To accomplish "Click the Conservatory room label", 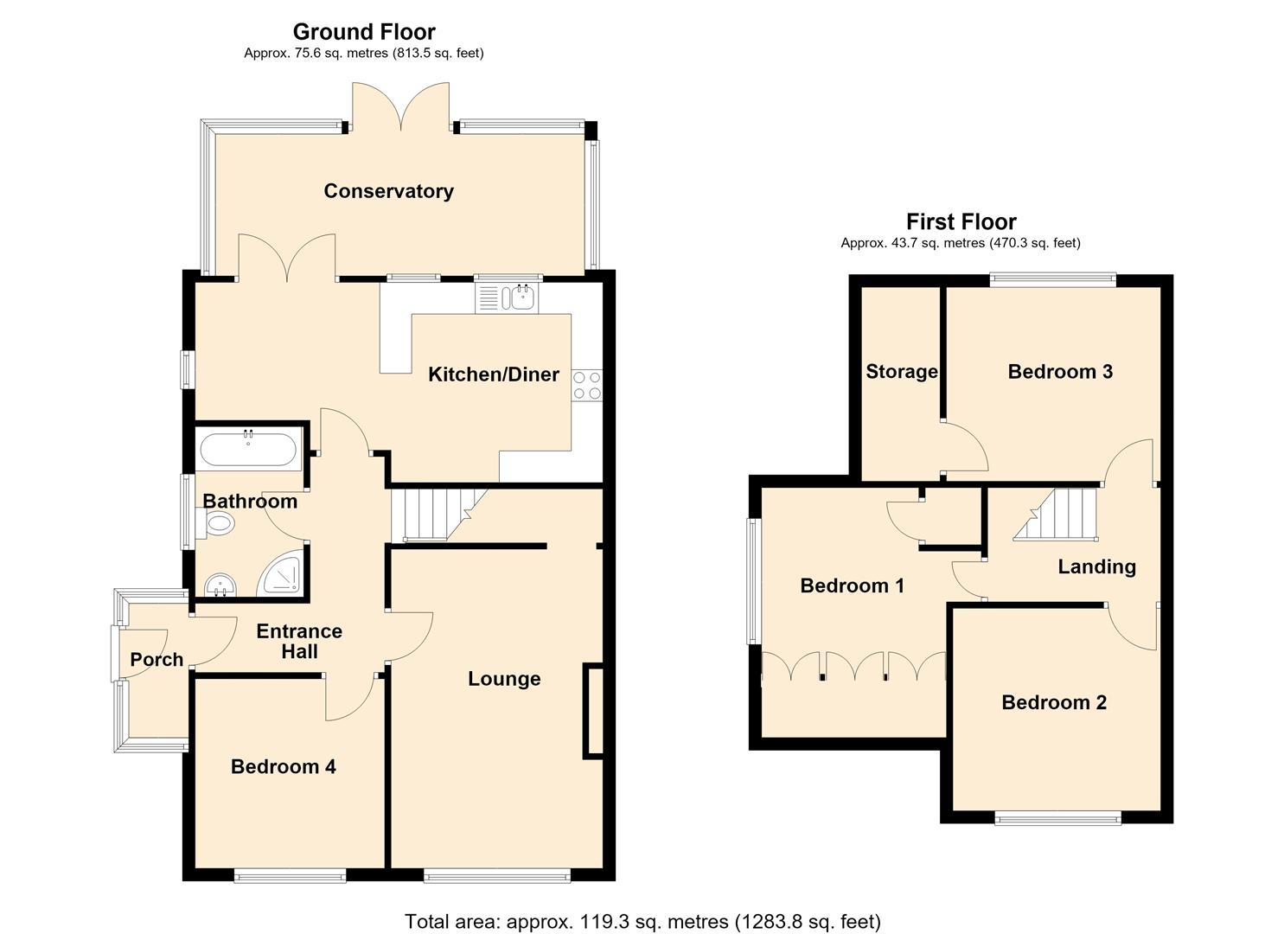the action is pyautogui.click(x=388, y=191).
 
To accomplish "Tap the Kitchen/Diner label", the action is pyautogui.click(x=494, y=374).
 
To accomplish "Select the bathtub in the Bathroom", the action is pyautogui.click(x=248, y=449).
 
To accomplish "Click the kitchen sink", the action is pyautogui.click(x=508, y=297).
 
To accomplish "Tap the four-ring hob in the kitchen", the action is pyautogui.click(x=587, y=385).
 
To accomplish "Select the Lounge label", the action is pyautogui.click(x=504, y=679).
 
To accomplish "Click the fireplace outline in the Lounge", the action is pyautogui.click(x=593, y=712).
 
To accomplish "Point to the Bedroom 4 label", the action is pyautogui.click(x=283, y=766).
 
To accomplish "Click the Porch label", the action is pyautogui.click(x=157, y=659).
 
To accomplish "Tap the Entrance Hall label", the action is pyautogui.click(x=299, y=641).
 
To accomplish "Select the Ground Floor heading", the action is pyautogui.click(x=364, y=31).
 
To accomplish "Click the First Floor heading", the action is pyautogui.click(x=961, y=221).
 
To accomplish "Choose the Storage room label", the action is pyautogui.click(x=902, y=372).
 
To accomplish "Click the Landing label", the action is pyautogui.click(x=1096, y=566).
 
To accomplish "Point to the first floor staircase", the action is pyautogui.click(x=1056, y=515).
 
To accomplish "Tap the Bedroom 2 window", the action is pyautogui.click(x=1057, y=818).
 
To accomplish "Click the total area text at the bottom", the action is pyautogui.click(x=642, y=905).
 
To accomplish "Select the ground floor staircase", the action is pyautogui.click(x=439, y=515).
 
